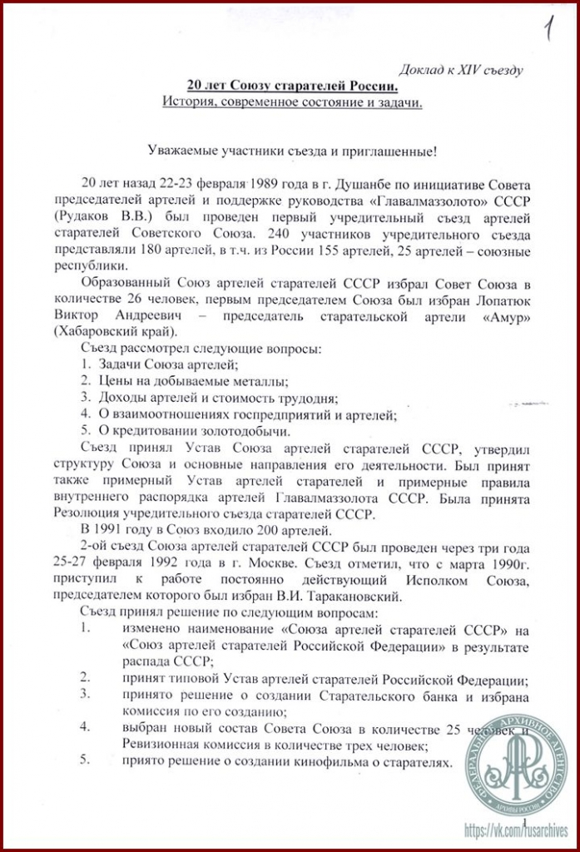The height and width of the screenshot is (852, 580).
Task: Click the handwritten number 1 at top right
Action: click(548, 31)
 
